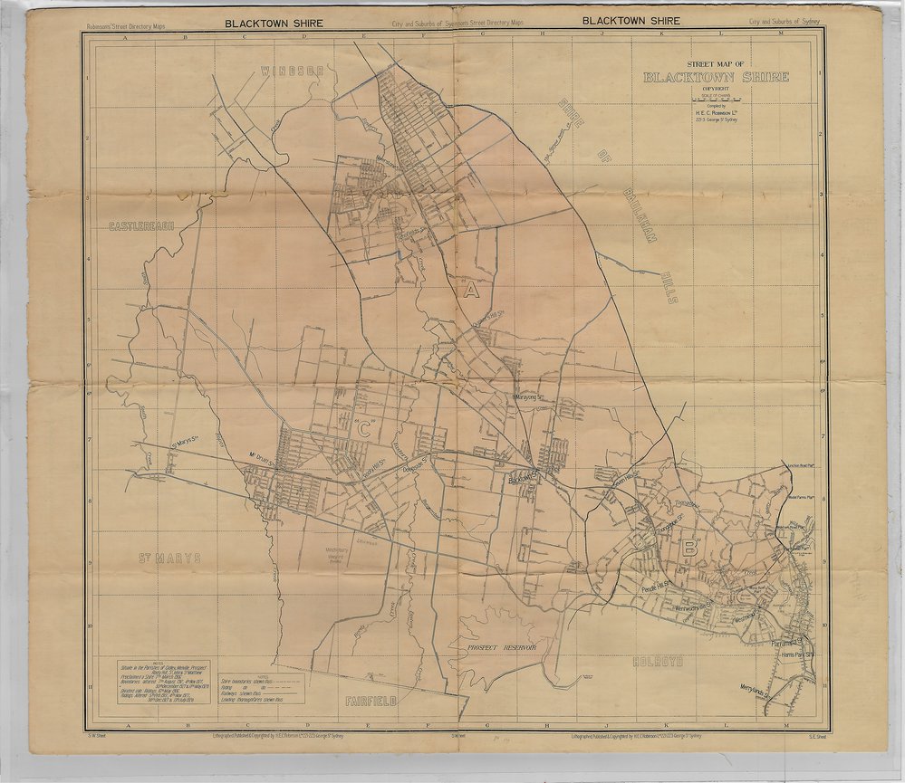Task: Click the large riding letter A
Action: (x=469, y=291)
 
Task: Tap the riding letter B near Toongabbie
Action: (x=689, y=547)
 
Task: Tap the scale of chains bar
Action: (x=708, y=97)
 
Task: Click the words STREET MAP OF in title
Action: (x=716, y=65)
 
